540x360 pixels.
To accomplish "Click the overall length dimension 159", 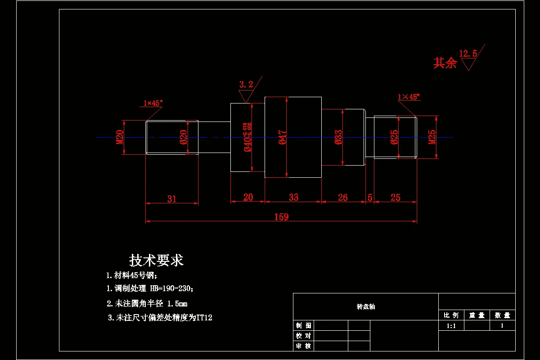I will pyautogui.click(x=281, y=217).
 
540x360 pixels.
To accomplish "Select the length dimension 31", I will pyautogui.click(x=172, y=198).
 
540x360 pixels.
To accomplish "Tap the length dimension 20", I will pyautogui.click(x=248, y=197).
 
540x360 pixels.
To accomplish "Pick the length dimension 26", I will pyautogui.click(x=342, y=197).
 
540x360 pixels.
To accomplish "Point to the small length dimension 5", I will pyautogui.click(x=370, y=197).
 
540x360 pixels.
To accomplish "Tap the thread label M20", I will pyautogui.click(x=120, y=137).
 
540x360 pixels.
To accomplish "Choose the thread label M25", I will pyautogui.click(x=432, y=137).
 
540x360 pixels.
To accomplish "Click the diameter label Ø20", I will pyautogui.click(x=183, y=137).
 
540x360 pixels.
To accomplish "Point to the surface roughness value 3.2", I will pyautogui.click(x=246, y=84).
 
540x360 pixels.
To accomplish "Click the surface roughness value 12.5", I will pyautogui.click(x=468, y=54).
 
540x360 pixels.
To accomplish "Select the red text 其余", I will pyautogui.click(x=445, y=63).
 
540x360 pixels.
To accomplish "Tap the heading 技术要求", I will pyautogui.click(x=156, y=260).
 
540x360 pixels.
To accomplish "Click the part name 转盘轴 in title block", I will pyautogui.click(x=365, y=306).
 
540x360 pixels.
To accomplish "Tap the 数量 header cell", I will pyautogui.click(x=502, y=315).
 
